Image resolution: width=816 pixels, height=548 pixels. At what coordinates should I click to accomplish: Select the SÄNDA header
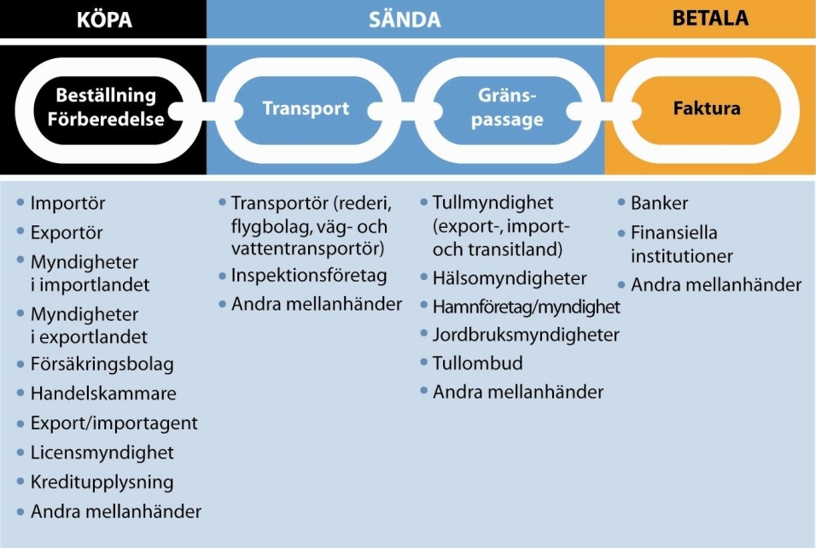pos(405,19)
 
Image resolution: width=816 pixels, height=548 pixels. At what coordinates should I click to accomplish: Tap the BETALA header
pos(709,19)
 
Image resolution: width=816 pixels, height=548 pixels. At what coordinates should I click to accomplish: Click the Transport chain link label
pos(306,109)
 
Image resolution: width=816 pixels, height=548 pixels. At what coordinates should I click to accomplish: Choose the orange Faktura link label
pos(707,109)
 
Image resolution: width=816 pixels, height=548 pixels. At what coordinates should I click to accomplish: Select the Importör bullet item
pos(67,204)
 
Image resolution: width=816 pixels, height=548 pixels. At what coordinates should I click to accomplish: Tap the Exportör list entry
pos(67,232)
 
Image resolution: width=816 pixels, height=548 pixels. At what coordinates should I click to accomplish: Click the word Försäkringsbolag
pos(102,364)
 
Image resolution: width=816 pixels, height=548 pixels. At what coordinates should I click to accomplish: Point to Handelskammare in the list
pos(103,394)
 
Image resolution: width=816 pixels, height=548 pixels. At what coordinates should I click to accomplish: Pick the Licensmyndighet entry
pos(102,452)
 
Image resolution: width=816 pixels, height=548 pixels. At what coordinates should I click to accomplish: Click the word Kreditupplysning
pos(102,481)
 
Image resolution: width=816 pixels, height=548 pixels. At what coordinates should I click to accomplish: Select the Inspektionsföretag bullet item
pos(309,276)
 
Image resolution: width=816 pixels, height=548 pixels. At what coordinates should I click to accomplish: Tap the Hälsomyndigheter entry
pos(510,278)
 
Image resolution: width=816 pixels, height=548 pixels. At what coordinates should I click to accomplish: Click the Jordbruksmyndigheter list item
pos(526,335)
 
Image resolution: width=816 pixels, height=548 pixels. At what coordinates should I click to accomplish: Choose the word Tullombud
pos(478,363)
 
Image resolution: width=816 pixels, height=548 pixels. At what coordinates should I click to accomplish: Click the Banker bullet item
pos(659,203)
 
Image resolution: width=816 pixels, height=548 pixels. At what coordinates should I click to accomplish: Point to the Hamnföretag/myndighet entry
pos(527,306)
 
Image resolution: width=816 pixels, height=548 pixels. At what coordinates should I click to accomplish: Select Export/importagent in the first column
pos(114,423)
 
